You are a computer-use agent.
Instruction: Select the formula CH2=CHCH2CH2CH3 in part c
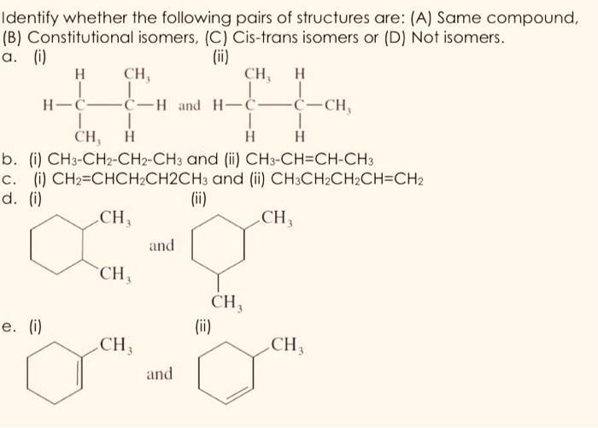click(x=114, y=179)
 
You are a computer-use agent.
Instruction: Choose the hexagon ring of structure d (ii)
click(x=219, y=247)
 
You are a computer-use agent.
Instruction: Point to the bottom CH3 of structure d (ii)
click(x=227, y=302)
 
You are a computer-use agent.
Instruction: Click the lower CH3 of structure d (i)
click(x=114, y=274)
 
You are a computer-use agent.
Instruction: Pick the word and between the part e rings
click(x=159, y=374)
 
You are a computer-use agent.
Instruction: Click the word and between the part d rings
click(x=161, y=246)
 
